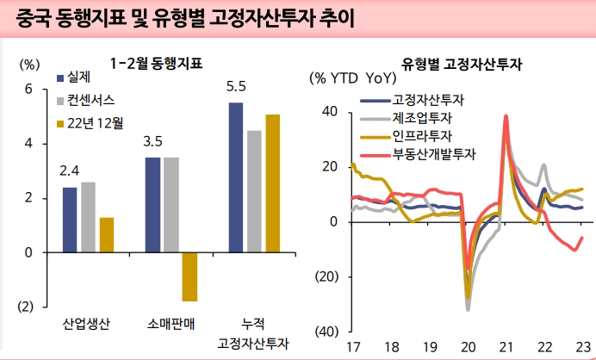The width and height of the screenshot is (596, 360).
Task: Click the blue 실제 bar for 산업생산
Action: click(70, 220)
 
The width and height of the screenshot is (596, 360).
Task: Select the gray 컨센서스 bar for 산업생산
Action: click(88, 217)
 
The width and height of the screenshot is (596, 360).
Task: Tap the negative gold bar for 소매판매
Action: click(189, 276)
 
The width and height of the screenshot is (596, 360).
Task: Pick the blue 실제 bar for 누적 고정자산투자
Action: click(236, 177)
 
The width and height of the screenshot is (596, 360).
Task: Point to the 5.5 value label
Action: click(236, 87)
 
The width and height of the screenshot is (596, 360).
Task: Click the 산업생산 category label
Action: click(86, 325)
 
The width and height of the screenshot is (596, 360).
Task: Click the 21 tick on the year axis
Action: click(506, 346)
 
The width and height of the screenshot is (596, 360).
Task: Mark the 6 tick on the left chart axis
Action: click(28, 89)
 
